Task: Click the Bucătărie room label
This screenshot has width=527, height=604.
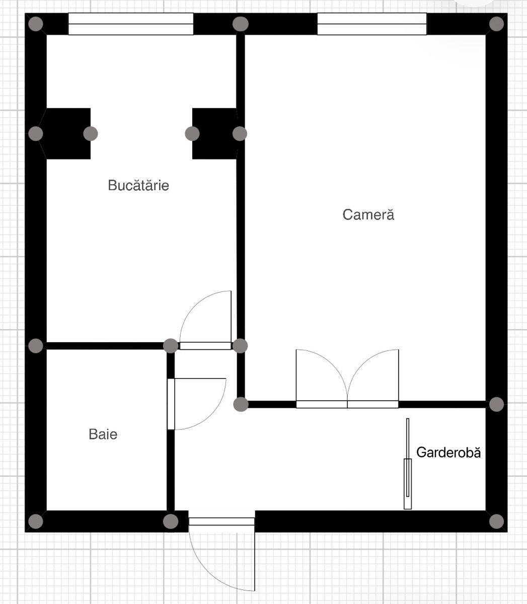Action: (138, 185)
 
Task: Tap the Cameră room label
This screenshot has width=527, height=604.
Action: (368, 214)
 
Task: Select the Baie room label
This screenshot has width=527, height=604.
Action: (103, 434)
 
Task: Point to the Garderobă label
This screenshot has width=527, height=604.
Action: (448, 452)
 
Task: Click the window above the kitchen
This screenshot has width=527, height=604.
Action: (131, 24)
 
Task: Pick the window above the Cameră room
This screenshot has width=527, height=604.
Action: (371, 24)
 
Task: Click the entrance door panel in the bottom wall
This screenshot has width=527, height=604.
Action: (221, 521)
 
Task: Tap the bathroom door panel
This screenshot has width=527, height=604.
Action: (171, 404)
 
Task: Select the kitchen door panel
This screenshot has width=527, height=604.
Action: (205, 346)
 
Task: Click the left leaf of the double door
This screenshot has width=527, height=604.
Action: (322, 404)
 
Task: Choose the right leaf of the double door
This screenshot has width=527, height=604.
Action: (373, 404)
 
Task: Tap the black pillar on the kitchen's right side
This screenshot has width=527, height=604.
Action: (214, 134)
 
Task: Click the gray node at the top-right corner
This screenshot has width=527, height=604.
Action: (496, 24)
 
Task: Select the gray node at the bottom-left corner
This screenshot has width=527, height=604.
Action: (36, 521)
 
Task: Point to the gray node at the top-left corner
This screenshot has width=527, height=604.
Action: (36, 24)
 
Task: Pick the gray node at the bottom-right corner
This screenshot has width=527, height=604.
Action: (496, 521)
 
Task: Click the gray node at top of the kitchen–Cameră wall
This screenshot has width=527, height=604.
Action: (240, 24)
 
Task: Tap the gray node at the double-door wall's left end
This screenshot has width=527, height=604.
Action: (241, 404)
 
